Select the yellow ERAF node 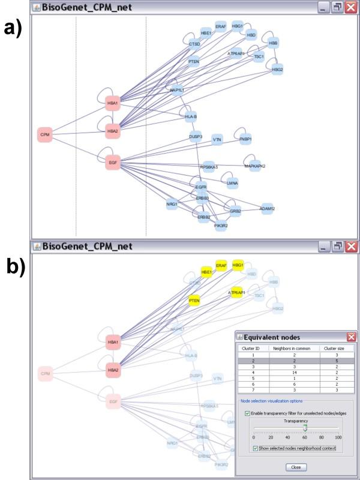pos(221,265)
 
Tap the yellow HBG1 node pos(238,265)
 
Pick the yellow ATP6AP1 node pos(238,293)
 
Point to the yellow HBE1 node pos(206,272)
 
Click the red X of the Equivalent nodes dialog pos(352,337)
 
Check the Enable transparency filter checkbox pos(248,413)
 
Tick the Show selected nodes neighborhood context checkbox pos(256,448)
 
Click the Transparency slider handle pos(305,428)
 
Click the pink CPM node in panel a pos(45,134)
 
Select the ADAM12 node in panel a pos(267,208)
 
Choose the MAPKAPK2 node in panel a pos(255,166)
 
